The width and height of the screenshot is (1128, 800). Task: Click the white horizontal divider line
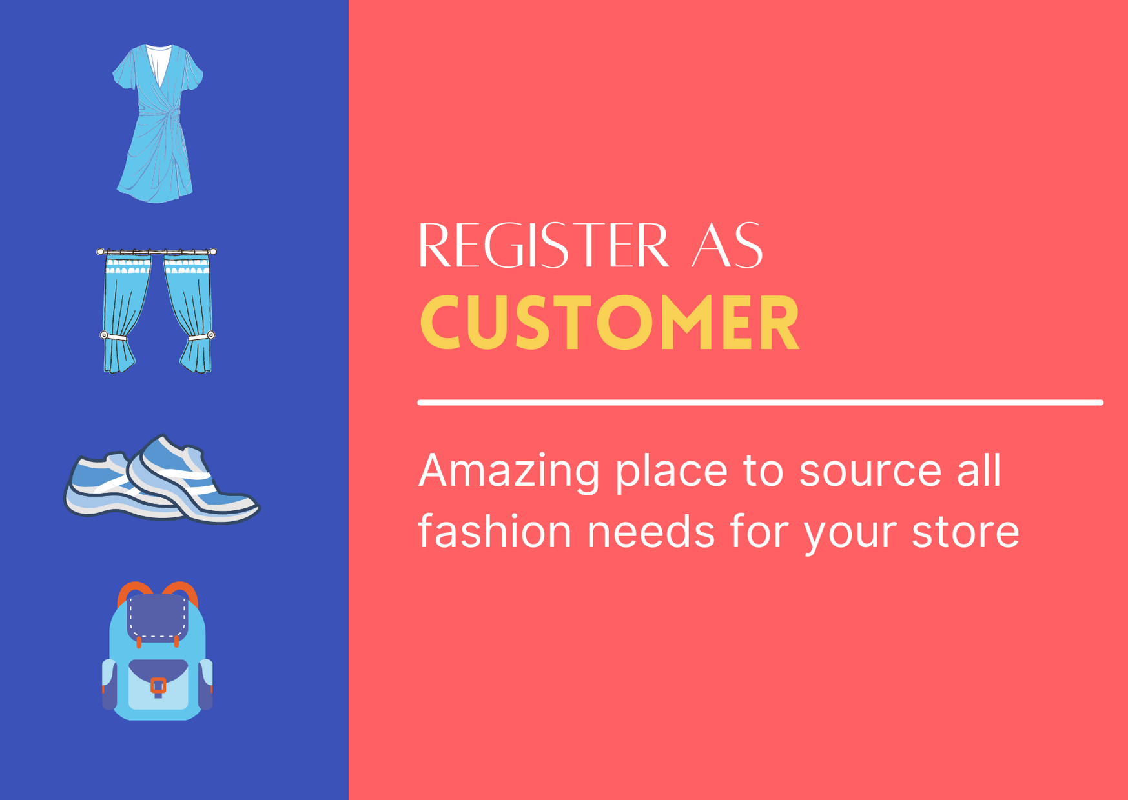[x=761, y=403]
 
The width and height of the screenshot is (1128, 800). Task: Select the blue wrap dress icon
[x=158, y=123]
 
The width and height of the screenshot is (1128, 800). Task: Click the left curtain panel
[x=126, y=313]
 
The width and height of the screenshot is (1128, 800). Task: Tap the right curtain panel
[x=189, y=313]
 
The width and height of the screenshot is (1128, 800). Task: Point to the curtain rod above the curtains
[x=156, y=251]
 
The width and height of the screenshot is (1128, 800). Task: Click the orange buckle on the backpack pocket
[x=158, y=686]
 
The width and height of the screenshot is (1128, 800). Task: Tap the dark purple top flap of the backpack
[x=158, y=617]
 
